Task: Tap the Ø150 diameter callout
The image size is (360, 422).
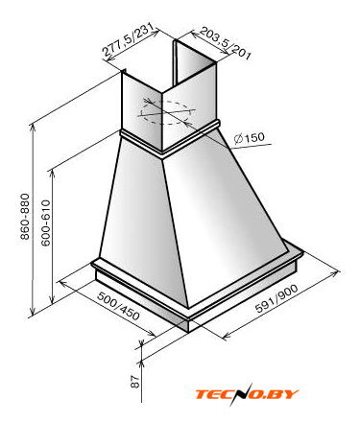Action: click(x=250, y=138)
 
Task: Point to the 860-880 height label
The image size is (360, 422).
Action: click(x=25, y=216)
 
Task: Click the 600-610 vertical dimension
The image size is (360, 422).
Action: click(x=46, y=223)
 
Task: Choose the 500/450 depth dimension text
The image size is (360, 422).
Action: click(x=118, y=306)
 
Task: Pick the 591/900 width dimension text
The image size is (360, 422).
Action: click(x=276, y=298)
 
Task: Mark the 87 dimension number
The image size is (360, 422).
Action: click(x=135, y=382)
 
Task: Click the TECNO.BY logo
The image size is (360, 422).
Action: click(x=247, y=394)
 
